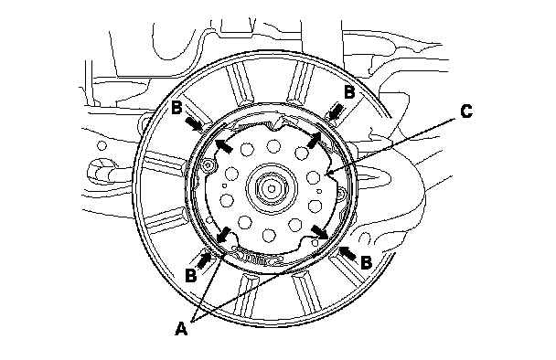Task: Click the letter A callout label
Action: tap(181, 329)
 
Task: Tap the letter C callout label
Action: tap(466, 111)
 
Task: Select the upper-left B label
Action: tap(176, 108)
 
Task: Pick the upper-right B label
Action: tap(349, 91)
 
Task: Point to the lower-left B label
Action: tap(191, 275)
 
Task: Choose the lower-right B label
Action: tap(366, 262)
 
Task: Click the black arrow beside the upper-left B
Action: tap(194, 123)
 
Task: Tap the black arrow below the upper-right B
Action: tap(336, 111)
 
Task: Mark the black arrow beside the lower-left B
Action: tap(204, 259)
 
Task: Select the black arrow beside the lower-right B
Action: tap(347, 253)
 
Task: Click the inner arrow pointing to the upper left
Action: tap(224, 145)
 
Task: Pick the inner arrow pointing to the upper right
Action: tap(315, 140)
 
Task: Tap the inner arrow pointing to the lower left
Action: tap(223, 235)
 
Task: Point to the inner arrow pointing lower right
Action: tap(320, 232)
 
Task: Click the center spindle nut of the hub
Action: tap(272, 188)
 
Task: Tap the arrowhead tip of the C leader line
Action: tap(327, 174)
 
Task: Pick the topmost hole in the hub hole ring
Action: tap(273, 145)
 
